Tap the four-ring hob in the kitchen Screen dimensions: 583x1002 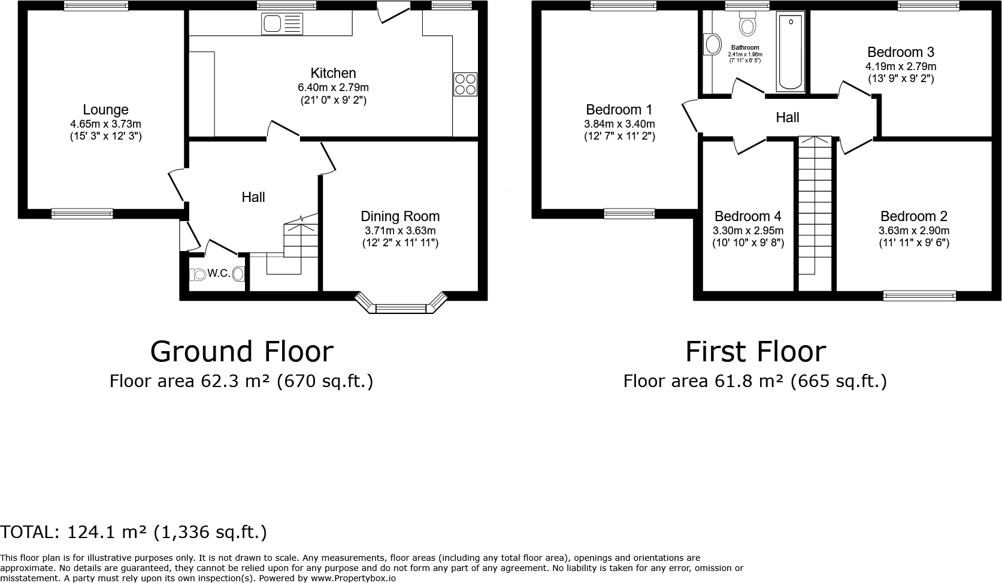pyautogui.click(x=465, y=84)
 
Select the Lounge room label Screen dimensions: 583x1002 pyautogui.click(x=105, y=110)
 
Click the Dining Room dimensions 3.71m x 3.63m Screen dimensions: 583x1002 pyautogui.click(x=400, y=231)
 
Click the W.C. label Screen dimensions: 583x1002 pyautogui.click(x=219, y=274)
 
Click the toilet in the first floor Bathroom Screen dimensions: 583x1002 pyautogui.click(x=747, y=25)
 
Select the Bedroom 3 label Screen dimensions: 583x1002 pyautogui.click(x=900, y=52)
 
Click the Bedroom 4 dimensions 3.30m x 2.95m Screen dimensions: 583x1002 pyautogui.click(x=747, y=231)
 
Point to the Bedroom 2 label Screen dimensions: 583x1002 pyautogui.click(x=913, y=216)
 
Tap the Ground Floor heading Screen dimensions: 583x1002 pyautogui.click(x=241, y=351)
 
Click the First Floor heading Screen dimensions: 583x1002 pyautogui.click(x=755, y=351)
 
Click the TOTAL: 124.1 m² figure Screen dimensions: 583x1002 pyautogui.click(x=133, y=532)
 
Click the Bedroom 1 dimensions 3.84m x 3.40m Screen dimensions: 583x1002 pyautogui.click(x=619, y=124)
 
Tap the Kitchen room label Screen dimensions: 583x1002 pyautogui.click(x=333, y=73)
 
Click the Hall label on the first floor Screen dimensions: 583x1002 pyautogui.click(x=787, y=117)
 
